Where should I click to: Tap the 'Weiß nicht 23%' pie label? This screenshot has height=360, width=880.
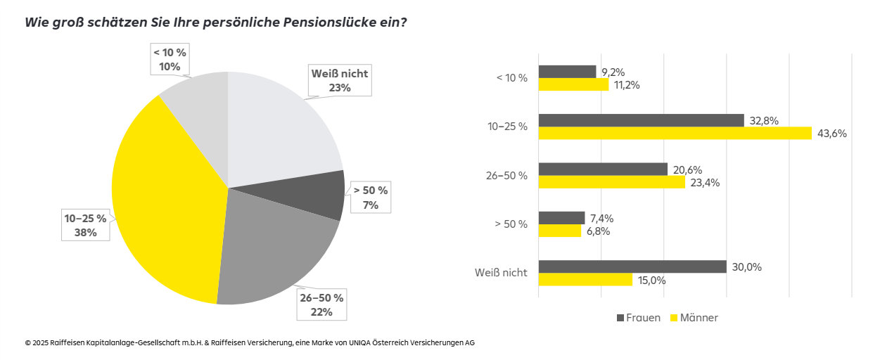point(339,80)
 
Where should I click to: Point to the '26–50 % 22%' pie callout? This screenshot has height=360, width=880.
point(321,304)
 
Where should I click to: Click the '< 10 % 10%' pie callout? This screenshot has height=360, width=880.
point(170,60)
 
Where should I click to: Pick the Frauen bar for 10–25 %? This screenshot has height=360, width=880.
point(641,120)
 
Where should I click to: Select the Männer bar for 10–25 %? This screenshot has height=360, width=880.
point(675,133)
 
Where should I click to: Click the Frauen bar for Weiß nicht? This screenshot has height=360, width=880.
point(632,266)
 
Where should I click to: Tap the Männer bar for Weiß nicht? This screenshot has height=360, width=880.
point(585,279)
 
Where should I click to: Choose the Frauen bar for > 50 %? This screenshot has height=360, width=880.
point(561,218)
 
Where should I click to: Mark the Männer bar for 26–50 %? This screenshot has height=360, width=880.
point(611,182)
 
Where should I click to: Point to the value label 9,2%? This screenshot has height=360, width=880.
point(613,72)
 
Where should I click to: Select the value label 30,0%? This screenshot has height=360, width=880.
point(748,267)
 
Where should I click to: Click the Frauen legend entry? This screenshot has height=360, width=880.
point(639,318)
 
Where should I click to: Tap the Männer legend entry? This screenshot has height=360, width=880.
point(693,318)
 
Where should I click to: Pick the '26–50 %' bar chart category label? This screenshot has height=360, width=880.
point(506,176)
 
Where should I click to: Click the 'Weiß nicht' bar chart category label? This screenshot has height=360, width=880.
point(501,273)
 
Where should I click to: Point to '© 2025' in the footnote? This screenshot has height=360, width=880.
point(37,343)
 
